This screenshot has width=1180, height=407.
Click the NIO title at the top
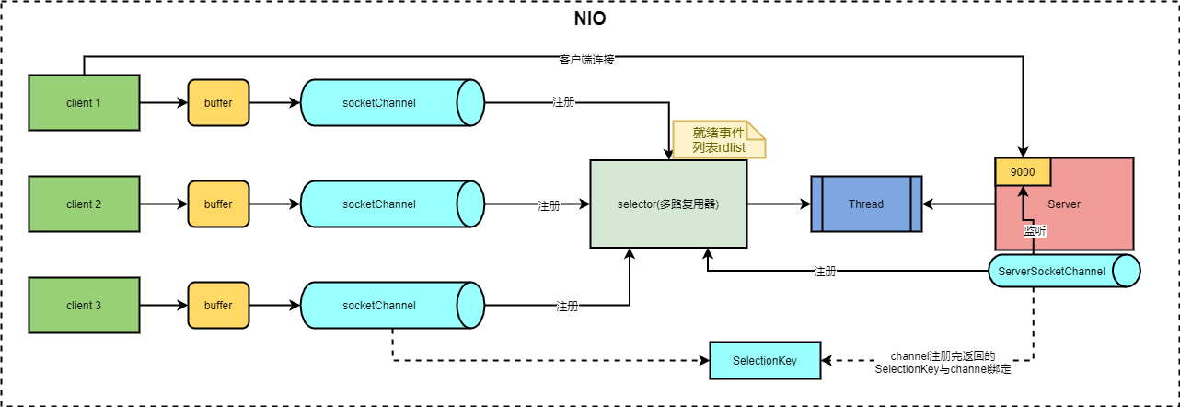(589, 18)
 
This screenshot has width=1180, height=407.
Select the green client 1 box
(84, 102)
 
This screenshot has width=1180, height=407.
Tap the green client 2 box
(84, 203)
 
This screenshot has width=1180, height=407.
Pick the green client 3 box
(84, 305)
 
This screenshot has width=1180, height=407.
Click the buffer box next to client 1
(218, 102)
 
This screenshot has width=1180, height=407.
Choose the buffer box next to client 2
(218, 203)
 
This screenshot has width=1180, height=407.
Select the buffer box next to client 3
(218, 305)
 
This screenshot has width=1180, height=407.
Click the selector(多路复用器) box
(667, 203)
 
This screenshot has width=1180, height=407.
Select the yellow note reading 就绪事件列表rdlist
(719, 140)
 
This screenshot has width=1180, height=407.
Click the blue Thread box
(865, 203)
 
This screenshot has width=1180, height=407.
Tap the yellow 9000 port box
(1022, 170)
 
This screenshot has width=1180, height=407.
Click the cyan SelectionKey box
(764, 360)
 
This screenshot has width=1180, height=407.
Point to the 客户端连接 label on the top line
(586, 60)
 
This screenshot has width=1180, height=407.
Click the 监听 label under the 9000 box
(1035, 230)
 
